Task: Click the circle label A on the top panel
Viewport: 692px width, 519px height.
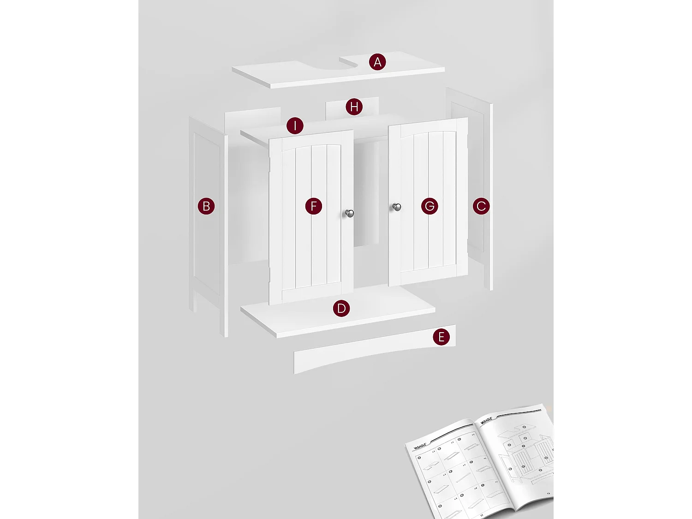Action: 377,62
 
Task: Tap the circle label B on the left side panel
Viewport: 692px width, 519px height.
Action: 206,206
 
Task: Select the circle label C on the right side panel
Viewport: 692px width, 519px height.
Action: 481,206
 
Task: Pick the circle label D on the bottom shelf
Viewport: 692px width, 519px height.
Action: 341,308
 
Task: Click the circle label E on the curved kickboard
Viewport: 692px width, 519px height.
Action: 441,337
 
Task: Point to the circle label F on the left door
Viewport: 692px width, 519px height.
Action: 314,206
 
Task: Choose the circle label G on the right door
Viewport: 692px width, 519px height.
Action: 430,206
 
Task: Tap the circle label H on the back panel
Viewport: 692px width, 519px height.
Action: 354,107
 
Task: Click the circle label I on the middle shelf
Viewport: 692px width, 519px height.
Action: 295,125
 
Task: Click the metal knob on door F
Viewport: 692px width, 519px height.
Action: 350,213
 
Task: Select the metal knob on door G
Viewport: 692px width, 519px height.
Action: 397,207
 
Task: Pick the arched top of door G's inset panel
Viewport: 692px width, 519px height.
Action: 429,132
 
